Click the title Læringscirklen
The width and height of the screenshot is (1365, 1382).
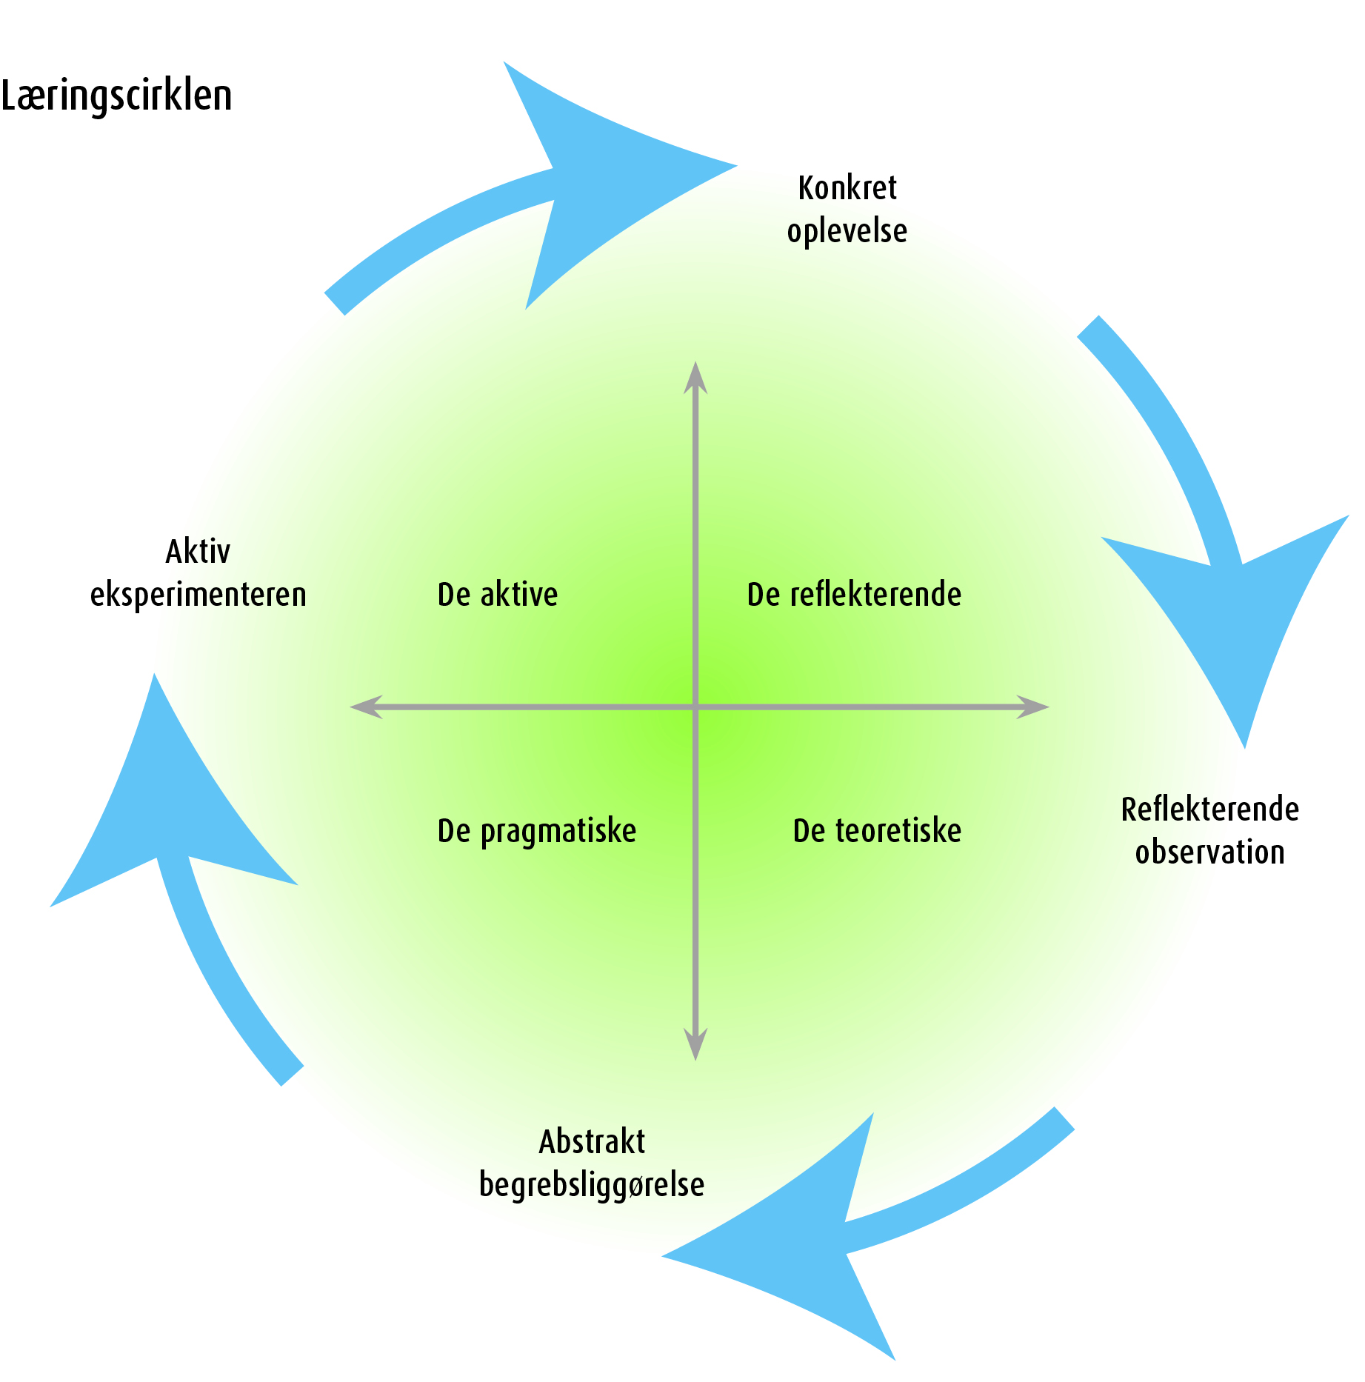tap(116, 96)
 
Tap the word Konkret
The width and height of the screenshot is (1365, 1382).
tap(847, 188)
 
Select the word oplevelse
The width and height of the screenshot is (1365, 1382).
tap(847, 231)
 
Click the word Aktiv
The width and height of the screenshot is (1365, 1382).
tap(198, 552)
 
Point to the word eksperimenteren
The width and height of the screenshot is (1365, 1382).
tap(198, 595)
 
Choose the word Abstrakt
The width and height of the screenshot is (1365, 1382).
tap(592, 1141)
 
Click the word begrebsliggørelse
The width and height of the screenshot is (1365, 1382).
tap(592, 1184)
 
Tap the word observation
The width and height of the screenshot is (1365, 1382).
tap(1209, 852)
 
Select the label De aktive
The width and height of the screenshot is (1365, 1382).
tap(498, 595)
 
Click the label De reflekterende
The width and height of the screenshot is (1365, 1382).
tap(854, 595)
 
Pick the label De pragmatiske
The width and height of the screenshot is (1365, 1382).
tap(537, 831)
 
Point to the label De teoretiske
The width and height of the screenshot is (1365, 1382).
tap(877, 831)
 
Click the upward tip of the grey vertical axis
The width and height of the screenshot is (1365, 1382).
tap(695, 367)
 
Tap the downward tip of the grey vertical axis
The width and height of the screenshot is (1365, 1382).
tap(695, 1055)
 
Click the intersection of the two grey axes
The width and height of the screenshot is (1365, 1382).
tap(695, 707)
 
